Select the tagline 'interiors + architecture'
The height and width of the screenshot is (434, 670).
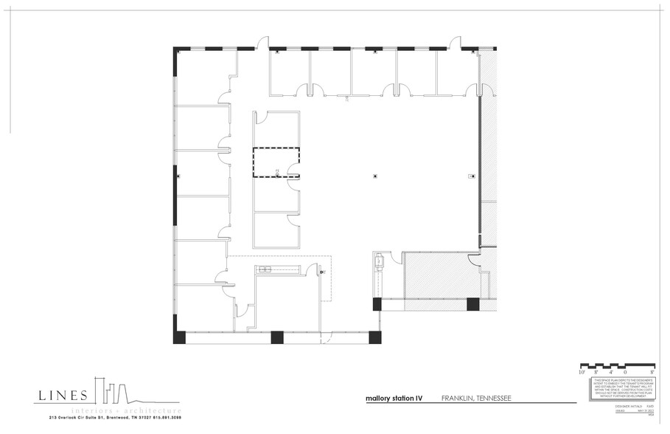tap(125, 410)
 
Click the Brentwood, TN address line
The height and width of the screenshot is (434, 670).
tap(115, 418)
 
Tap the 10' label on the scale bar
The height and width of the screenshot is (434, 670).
tap(582, 373)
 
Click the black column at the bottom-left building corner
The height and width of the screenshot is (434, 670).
tap(180, 337)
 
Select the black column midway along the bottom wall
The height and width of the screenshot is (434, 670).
tap(277, 337)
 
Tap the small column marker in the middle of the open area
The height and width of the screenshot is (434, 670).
tap(375, 176)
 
